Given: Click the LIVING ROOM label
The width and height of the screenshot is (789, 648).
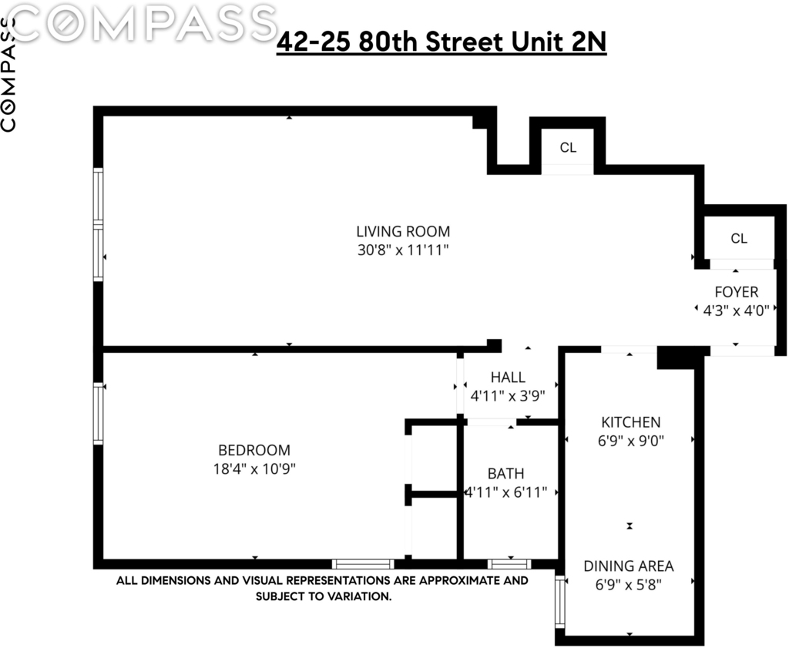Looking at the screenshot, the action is [403, 231].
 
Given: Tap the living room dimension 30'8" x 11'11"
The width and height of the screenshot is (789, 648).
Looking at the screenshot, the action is [403, 250].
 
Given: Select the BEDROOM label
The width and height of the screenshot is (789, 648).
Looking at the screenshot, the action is [254, 450].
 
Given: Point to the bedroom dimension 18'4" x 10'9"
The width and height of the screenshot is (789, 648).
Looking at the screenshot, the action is [254, 469].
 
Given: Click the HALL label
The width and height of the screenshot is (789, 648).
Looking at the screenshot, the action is [508, 378].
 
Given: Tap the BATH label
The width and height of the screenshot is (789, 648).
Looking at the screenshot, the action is [505, 473].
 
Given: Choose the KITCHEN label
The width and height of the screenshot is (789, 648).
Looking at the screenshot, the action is [631, 422].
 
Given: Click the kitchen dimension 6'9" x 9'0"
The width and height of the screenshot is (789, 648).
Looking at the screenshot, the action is [631, 441].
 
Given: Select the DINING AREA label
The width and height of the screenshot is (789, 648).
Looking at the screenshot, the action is [629, 566].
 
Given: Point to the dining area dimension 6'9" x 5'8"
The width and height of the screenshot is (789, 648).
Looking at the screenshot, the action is [629, 585].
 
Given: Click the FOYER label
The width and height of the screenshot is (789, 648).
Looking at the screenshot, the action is [736, 292].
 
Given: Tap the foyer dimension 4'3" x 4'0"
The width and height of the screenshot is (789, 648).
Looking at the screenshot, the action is [736, 311].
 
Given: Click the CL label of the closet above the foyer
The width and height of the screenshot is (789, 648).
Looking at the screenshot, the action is [739, 238].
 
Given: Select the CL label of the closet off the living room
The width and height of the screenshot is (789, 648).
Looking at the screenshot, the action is [568, 147].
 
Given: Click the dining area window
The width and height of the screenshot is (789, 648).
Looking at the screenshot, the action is [560, 601].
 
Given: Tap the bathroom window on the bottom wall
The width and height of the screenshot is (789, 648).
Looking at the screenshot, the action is [509, 564].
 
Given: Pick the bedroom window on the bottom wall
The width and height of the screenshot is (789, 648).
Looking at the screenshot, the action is [363, 564].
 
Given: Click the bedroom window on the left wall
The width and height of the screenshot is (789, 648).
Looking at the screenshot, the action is [98, 414].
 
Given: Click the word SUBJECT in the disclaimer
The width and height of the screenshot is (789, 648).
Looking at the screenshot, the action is [278, 596].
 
